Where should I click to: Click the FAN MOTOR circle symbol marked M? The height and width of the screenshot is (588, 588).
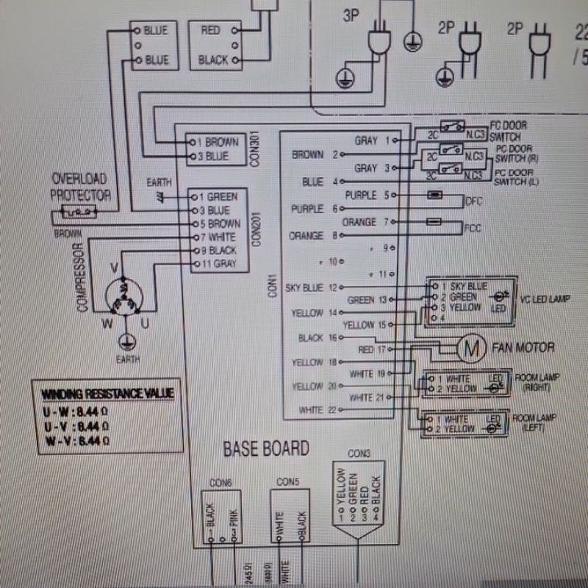[x=468, y=348]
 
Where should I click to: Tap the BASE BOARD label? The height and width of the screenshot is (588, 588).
[x=265, y=448]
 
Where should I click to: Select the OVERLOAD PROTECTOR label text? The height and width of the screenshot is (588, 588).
[x=81, y=187]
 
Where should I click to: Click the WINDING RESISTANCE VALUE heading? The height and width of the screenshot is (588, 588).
[x=107, y=393]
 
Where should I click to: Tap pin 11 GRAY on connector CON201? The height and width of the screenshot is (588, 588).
[x=217, y=263]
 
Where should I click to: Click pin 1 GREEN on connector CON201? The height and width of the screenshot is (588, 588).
[x=217, y=197]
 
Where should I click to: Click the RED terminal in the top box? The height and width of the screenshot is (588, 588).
[x=211, y=31]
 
